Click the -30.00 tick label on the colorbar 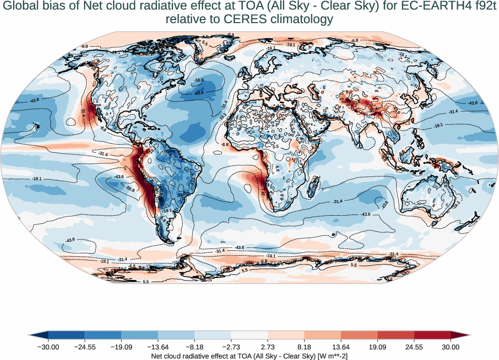pyautogui.click(x=49, y=347)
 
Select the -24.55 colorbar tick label pyautogui.click(x=85, y=347)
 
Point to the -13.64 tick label pyautogui.click(x=158, y=347)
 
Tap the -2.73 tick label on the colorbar pyautogui.click(x=231, y=347)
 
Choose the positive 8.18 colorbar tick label pyautogui.click(x=304, y=347)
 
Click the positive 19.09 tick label pyautogui.click(x=377, y=347)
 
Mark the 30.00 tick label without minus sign pyautogui.click(x=451, y=347)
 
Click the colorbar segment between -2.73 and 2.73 pyautogui.click(x=249, y=336)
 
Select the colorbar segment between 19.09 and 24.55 pyautogui.click(x=396, y=336)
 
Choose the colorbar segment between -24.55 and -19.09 pyautogui.click(x=103, y=336)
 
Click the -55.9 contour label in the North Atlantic pyautogui.click(x=199, y=80)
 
